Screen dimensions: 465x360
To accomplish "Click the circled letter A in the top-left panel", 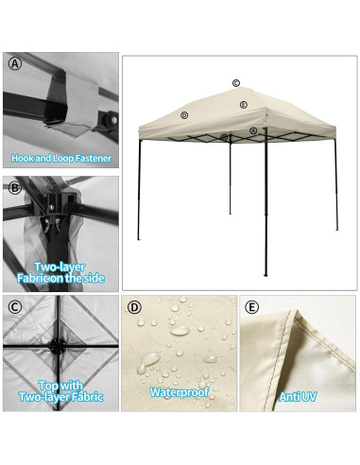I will pos(15,64).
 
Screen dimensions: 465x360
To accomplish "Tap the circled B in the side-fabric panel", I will pos(15,187).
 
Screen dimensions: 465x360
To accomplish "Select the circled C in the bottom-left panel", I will pos(15,307).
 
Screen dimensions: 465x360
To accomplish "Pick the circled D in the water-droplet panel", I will pos(134,307).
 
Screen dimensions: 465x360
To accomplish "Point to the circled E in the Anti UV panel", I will pos(251,307).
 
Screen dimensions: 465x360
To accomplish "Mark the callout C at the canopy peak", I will pos(235,83).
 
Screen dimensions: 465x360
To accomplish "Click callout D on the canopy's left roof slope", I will pos(184,115).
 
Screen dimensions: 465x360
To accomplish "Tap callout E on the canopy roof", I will pos(243,105).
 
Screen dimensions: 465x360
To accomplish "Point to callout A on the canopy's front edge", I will pos(253,130).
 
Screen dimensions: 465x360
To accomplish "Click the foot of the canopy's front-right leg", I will pos(265,275).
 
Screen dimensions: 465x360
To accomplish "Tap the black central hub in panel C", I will pos(59,346).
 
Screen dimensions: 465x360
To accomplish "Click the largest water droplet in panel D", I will pos(149,361).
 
